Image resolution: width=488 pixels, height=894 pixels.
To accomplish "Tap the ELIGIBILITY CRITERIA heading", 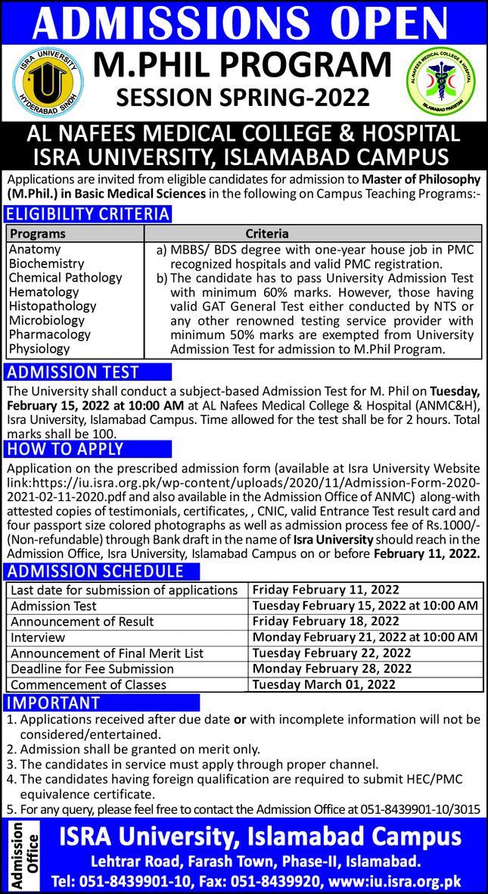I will [x=89, y=214].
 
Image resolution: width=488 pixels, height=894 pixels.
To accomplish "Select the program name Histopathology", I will [x=52, y=307].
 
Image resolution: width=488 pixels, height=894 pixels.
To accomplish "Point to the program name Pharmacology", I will [x=49, y=335].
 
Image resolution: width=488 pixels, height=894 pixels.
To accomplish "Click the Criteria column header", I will [x=267, y=234].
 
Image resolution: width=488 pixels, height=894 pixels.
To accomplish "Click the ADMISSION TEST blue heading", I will [x=73, y=372].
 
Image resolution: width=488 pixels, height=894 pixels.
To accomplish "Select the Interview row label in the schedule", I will [x=38, y=637].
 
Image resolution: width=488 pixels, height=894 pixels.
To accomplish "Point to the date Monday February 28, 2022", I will [x=332, y=668].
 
